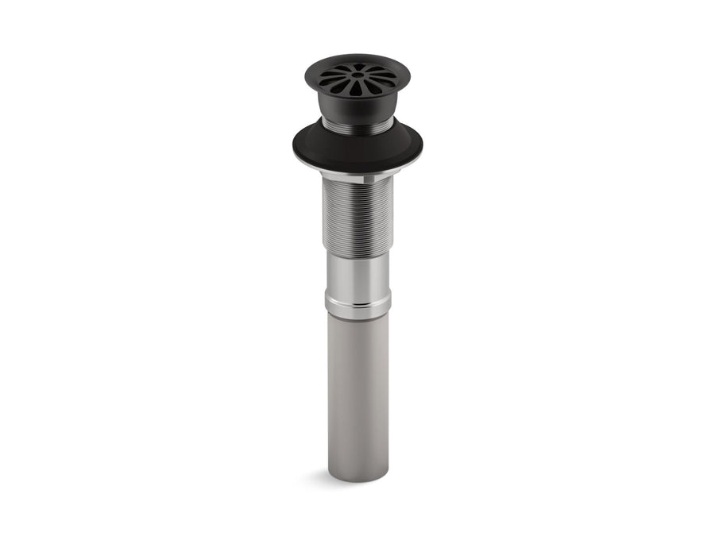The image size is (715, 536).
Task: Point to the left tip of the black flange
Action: point(295,145)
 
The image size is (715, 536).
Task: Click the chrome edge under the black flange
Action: point(357,172)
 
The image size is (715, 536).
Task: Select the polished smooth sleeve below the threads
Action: point(357,274)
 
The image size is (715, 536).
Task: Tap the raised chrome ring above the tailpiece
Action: point(357,305)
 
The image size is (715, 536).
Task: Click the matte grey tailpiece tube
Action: point(357,389)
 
